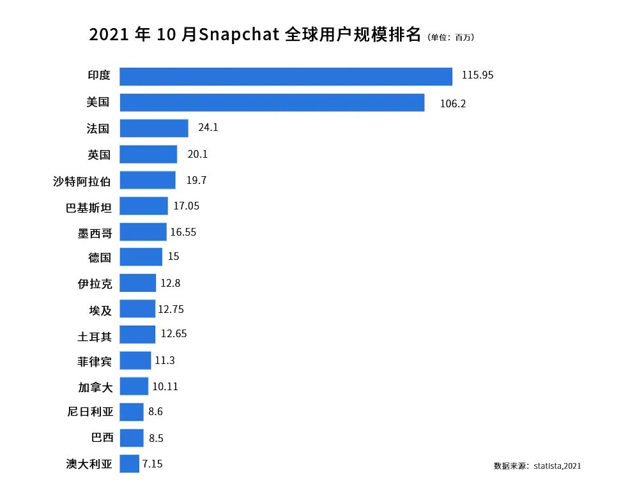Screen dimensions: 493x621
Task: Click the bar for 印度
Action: pos(286,76)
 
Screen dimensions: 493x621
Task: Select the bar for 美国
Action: pos(272,102)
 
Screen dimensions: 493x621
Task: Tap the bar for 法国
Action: pos(153,128)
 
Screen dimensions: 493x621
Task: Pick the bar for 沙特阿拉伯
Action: pos(147,180)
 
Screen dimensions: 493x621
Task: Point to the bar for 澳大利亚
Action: pos(129,464)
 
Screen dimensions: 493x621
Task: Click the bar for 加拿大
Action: pos(134,386)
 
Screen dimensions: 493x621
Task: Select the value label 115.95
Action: pos(477,75)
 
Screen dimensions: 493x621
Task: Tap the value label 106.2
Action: pos(453,103)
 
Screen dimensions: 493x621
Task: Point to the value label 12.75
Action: pos(171,310)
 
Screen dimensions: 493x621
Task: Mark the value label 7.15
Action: pos(152,464)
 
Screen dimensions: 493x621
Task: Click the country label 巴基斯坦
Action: pos(89,207)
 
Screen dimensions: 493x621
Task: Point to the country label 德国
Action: pos(100,258)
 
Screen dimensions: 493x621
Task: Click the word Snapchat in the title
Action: pos(239,34)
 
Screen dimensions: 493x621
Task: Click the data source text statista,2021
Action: pos(557,466)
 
